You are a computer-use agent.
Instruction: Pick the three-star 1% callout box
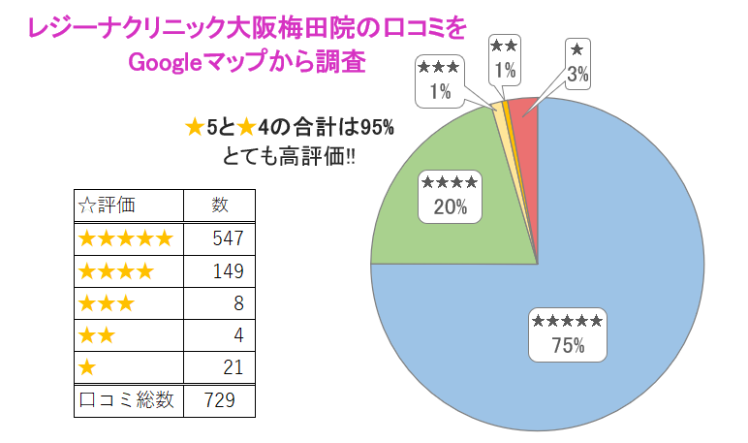coord(439,79)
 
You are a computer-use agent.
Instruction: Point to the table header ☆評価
coord(107,205)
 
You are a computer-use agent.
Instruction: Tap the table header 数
coord(220,205)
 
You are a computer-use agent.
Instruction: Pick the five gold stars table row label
coord(125,237)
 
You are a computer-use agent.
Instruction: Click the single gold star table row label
coord(87,368)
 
